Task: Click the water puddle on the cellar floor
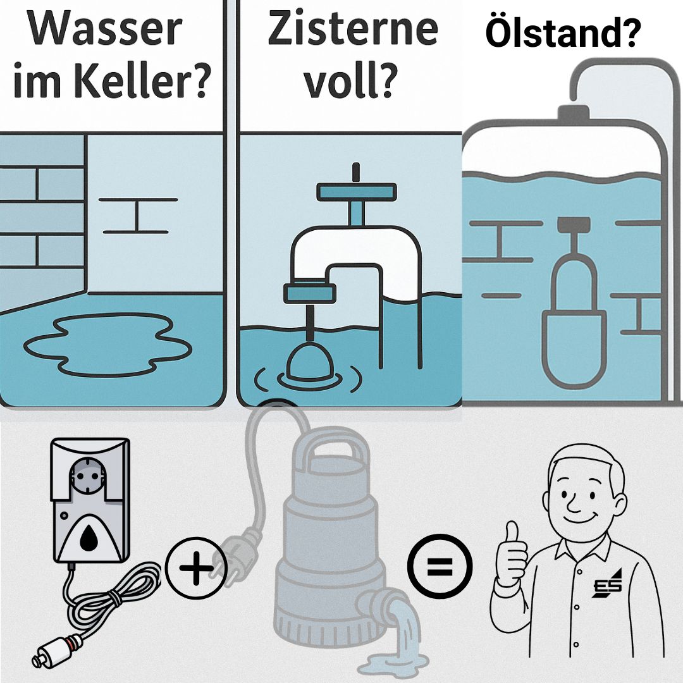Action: click(x=108, y=345)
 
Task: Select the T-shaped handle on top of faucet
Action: click(x=356, y=190)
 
